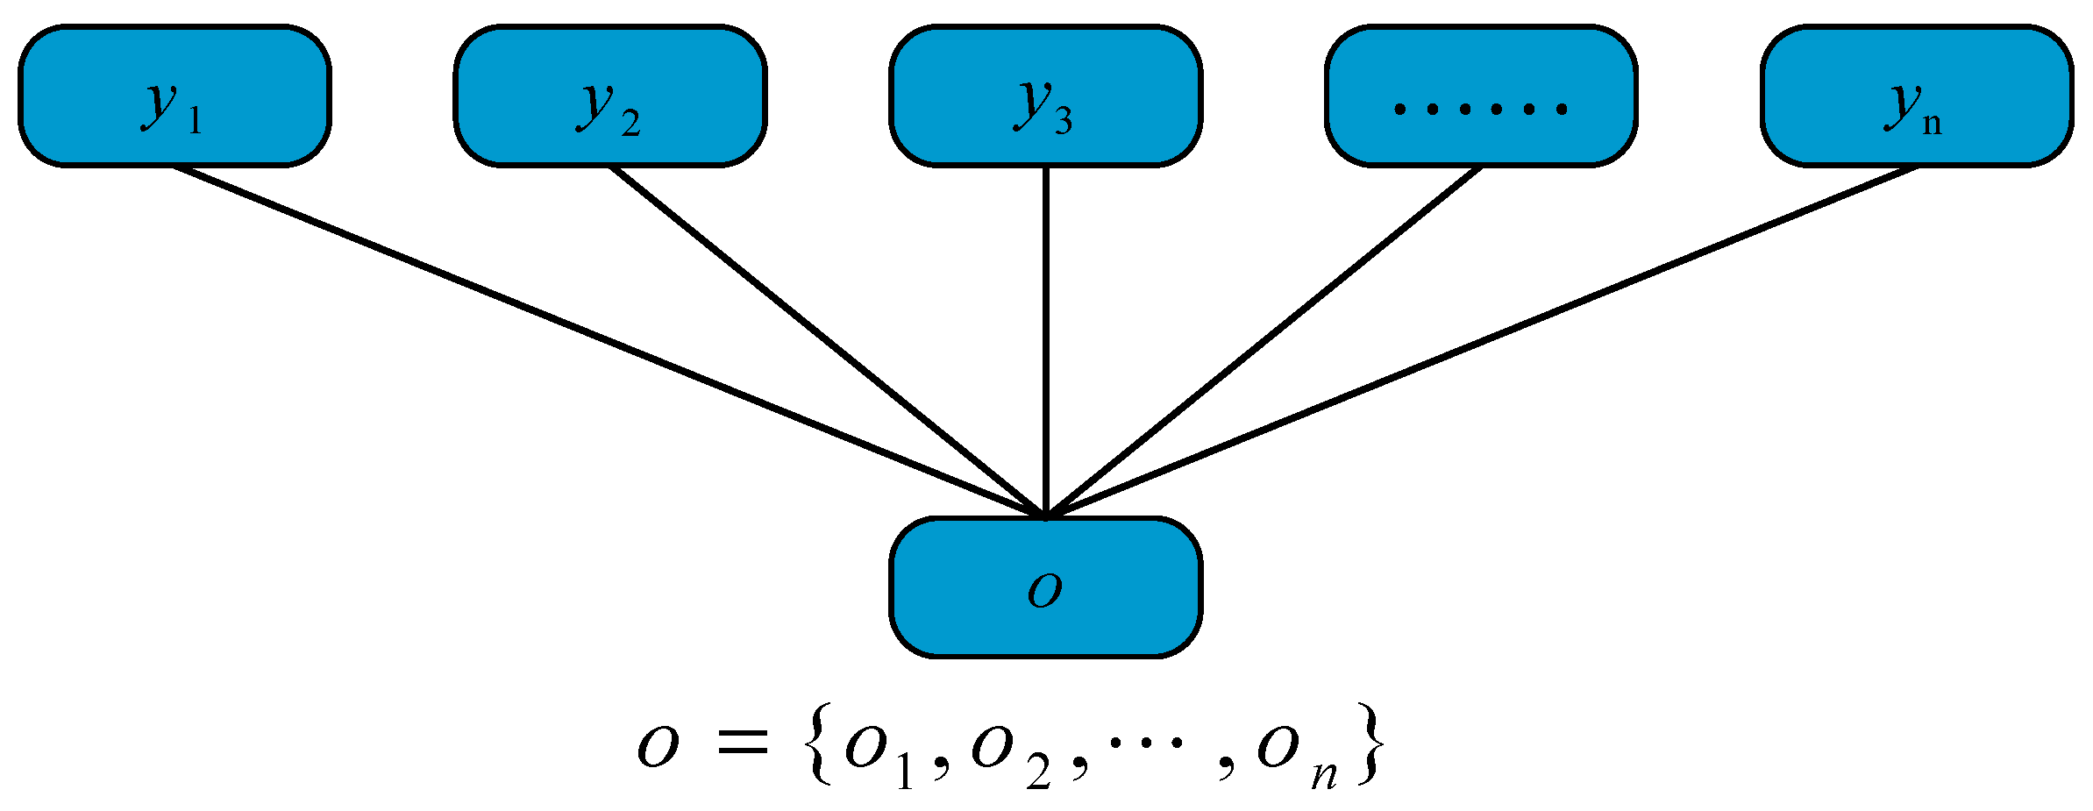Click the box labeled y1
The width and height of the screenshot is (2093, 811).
174,96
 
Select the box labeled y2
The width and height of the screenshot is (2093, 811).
610,96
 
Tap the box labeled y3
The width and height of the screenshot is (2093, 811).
1045,96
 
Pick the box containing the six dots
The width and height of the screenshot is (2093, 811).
1481,96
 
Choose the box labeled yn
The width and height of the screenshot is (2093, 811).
1917,96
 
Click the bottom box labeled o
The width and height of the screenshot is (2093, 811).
1045,587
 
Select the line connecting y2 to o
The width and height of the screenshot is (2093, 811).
828,341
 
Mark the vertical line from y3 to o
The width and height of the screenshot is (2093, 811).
1045,341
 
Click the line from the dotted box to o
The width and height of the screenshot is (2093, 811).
1263,341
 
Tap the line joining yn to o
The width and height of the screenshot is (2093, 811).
1481,341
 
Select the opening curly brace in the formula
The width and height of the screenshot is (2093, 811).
820,743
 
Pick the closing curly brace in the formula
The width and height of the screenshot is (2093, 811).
1370,743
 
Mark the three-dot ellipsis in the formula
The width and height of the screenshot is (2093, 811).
1146,743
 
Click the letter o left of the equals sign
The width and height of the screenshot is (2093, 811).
658,747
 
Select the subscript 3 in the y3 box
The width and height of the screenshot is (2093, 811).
1063,121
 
